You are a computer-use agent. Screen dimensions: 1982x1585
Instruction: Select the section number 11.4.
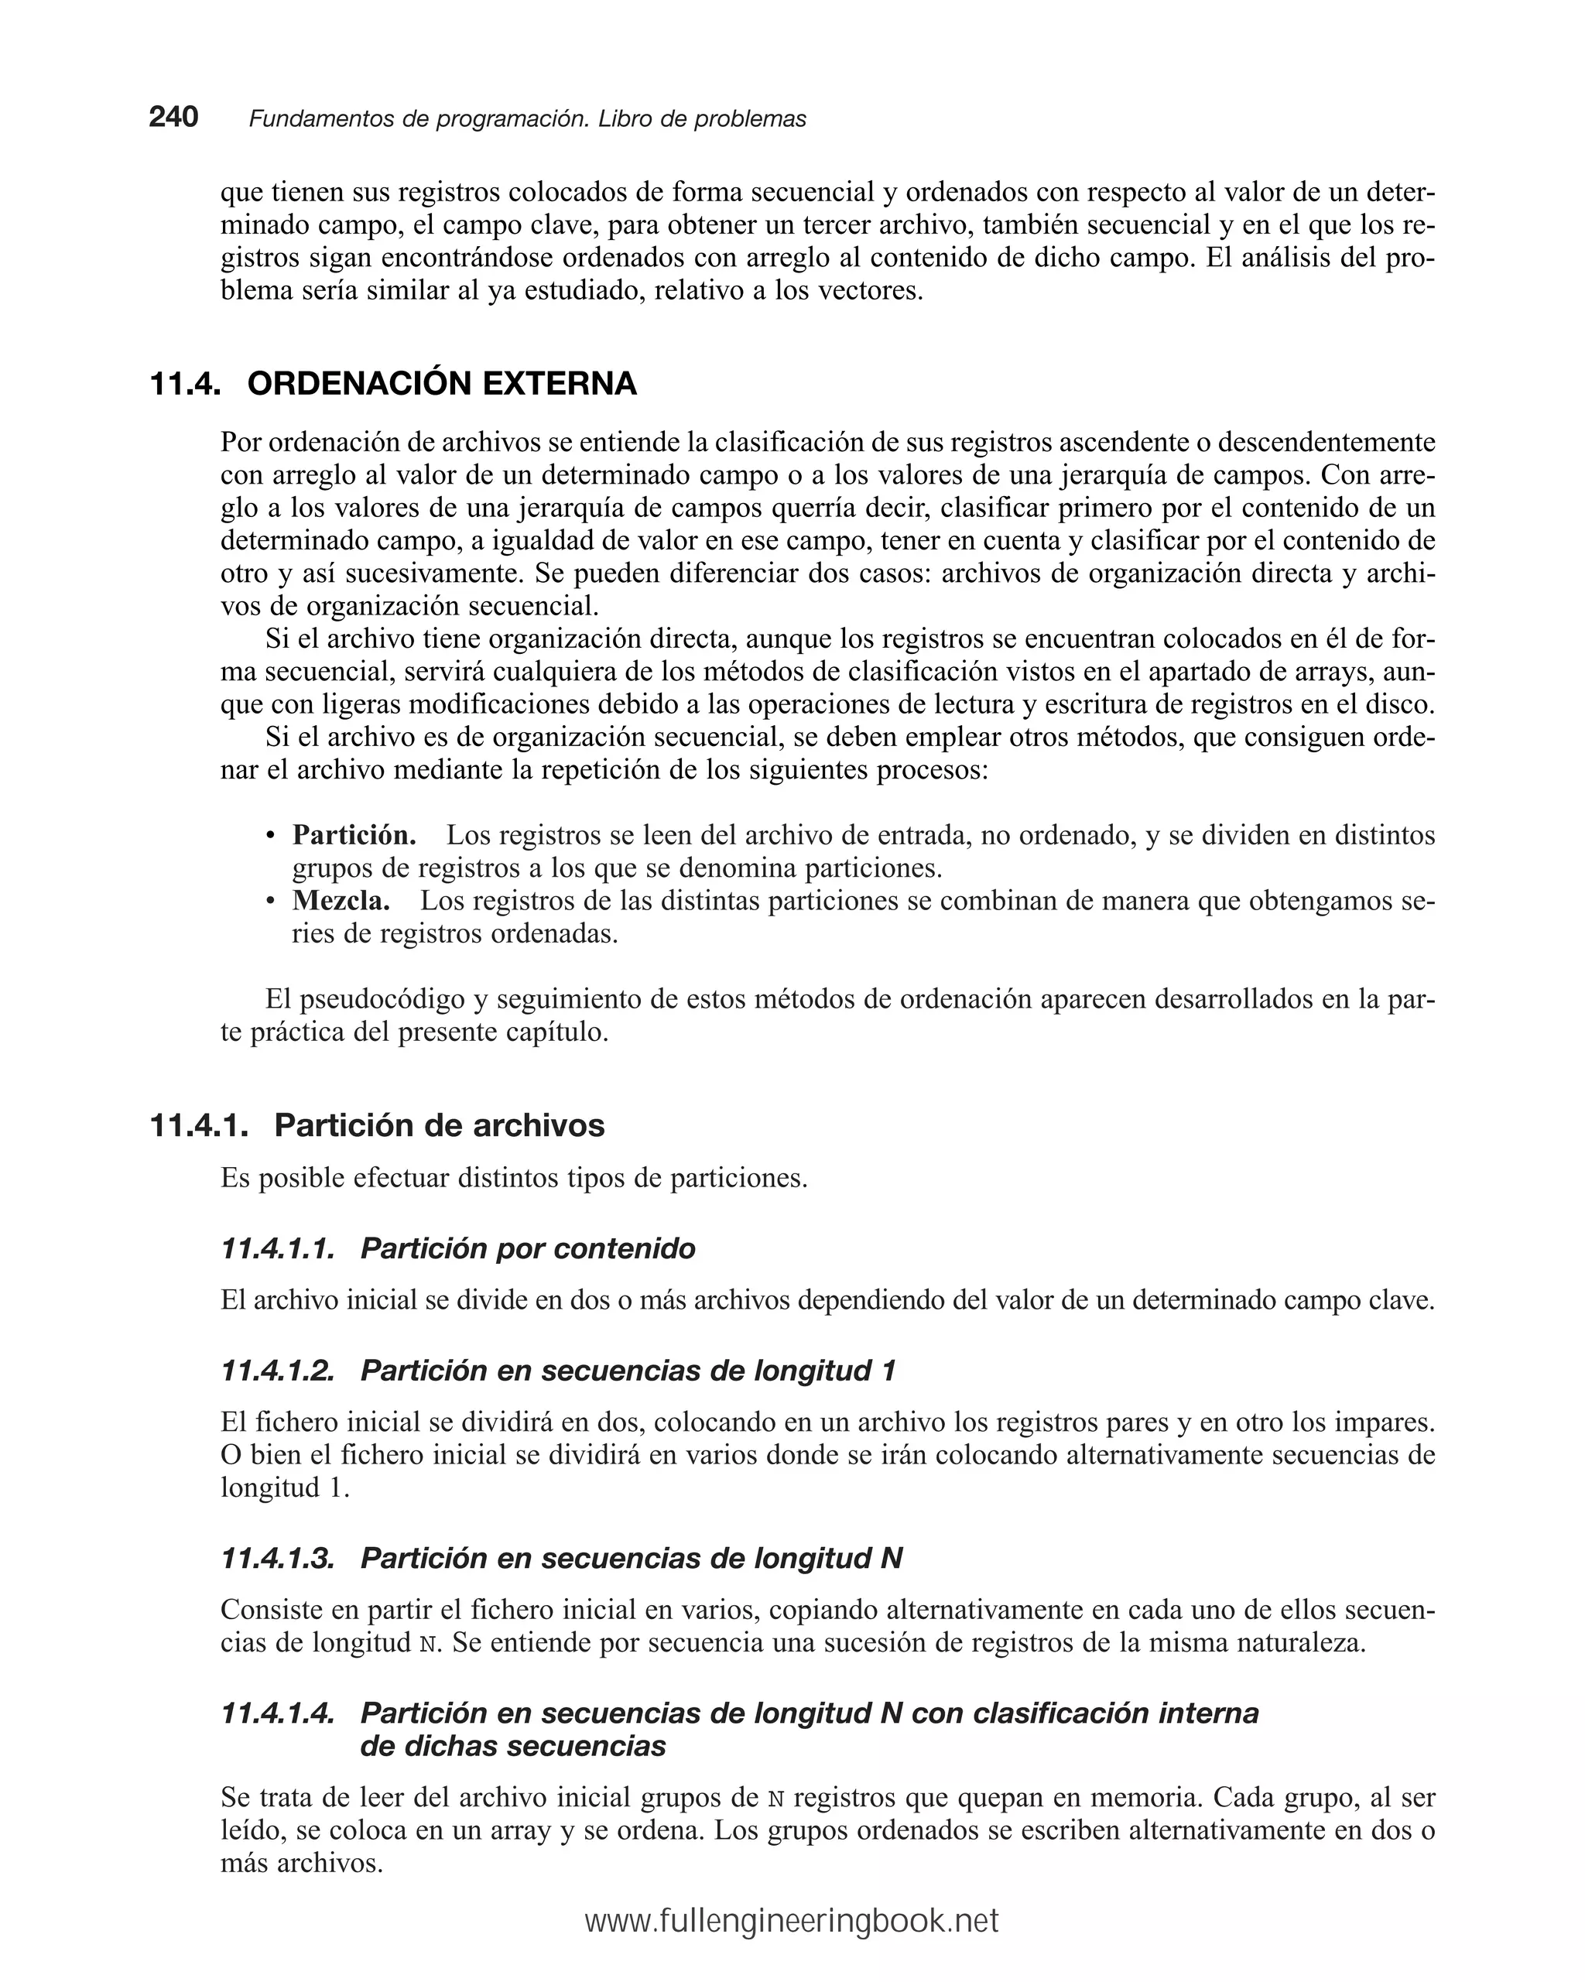(x=185, y=383)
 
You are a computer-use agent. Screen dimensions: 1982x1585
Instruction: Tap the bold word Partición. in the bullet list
(x=354, y=836)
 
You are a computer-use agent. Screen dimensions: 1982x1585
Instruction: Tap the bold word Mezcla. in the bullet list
(x=341, y=901)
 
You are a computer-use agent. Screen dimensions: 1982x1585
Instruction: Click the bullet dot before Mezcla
(x=270, y=902)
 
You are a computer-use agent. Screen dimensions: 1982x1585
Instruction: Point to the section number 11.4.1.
(x=199, y=1125)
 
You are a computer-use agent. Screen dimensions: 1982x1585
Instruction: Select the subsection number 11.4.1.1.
(x=278, y=1248)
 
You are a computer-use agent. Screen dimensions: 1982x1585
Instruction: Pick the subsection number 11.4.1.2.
(x=278, y=1371)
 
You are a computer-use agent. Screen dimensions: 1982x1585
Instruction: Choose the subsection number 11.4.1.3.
(x=278, y=1558)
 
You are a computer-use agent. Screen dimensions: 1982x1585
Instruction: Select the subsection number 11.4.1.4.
(x=278, y=1713)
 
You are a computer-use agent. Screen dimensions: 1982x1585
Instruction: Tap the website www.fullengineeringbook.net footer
(x=792, y=1922)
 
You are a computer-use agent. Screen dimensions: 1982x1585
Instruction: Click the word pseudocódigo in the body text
(x=382, y=999)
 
